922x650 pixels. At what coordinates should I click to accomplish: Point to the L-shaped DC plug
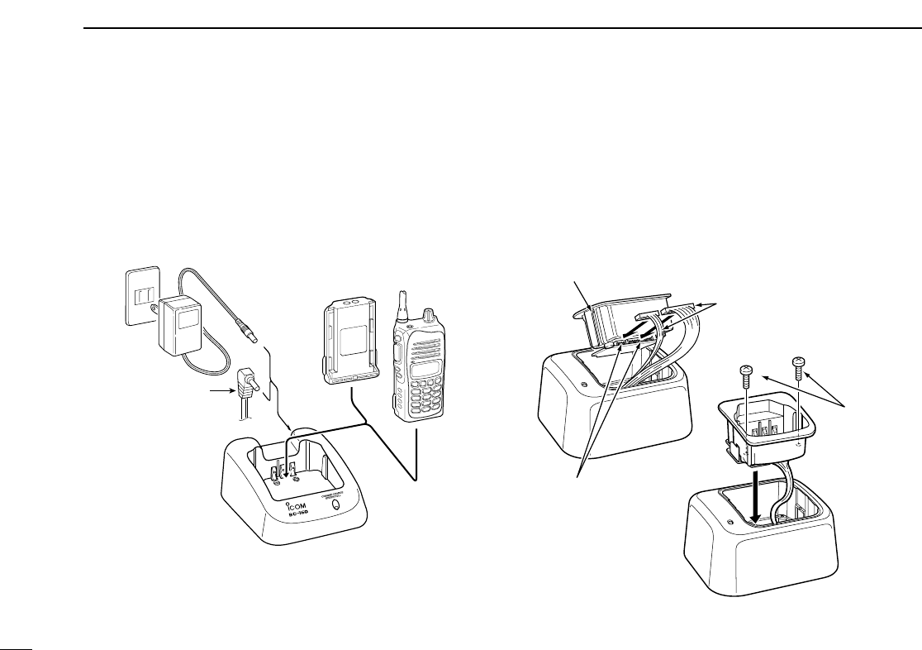(x=246, y=385)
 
